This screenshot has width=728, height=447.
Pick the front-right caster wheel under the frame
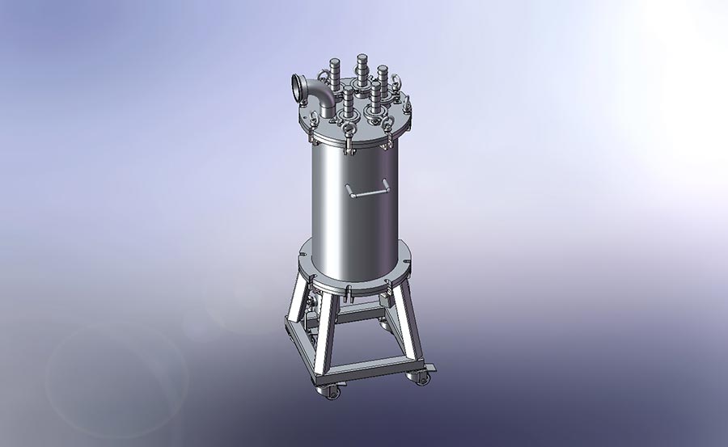pos(420,377)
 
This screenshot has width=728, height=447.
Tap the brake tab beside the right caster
pos(434,368)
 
